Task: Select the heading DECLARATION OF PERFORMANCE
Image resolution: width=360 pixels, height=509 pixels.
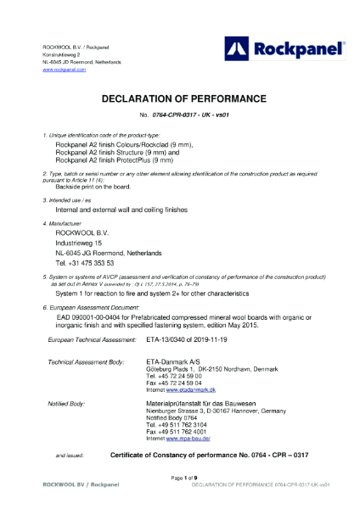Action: click(x=180, y=98)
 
